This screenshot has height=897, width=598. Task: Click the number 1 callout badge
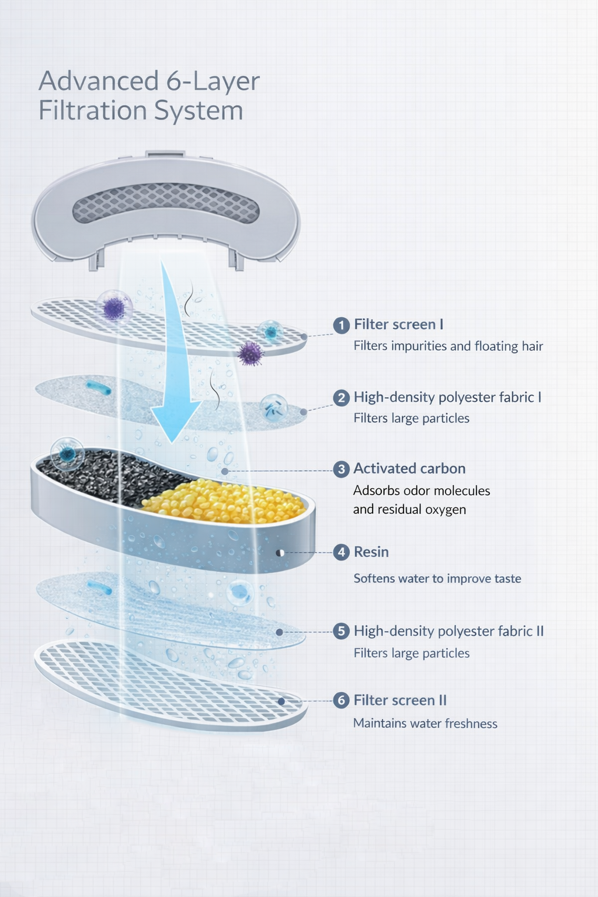(x=342, y=325)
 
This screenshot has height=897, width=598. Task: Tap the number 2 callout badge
(x=342, y=398)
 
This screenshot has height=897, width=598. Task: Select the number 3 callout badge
(x=342, y=470)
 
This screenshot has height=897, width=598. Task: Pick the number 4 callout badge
(x=342, y=552)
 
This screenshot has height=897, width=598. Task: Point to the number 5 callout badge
(x=342, y=632)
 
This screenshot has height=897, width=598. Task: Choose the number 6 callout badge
(x=342, y=701)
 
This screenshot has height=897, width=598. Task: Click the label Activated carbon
(x=409, y=469)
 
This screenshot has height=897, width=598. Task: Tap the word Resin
(x=371, y=552)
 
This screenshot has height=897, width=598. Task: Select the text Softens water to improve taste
(x=437, y=579)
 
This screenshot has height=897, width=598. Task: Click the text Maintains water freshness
(x=425, y=724)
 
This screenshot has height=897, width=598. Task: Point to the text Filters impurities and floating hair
(x=448, y=346)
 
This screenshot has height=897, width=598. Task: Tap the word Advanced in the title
(x=99, y=81)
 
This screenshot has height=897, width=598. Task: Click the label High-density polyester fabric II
(x=448, y=631)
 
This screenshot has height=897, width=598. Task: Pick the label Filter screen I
(x=399, y=325)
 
